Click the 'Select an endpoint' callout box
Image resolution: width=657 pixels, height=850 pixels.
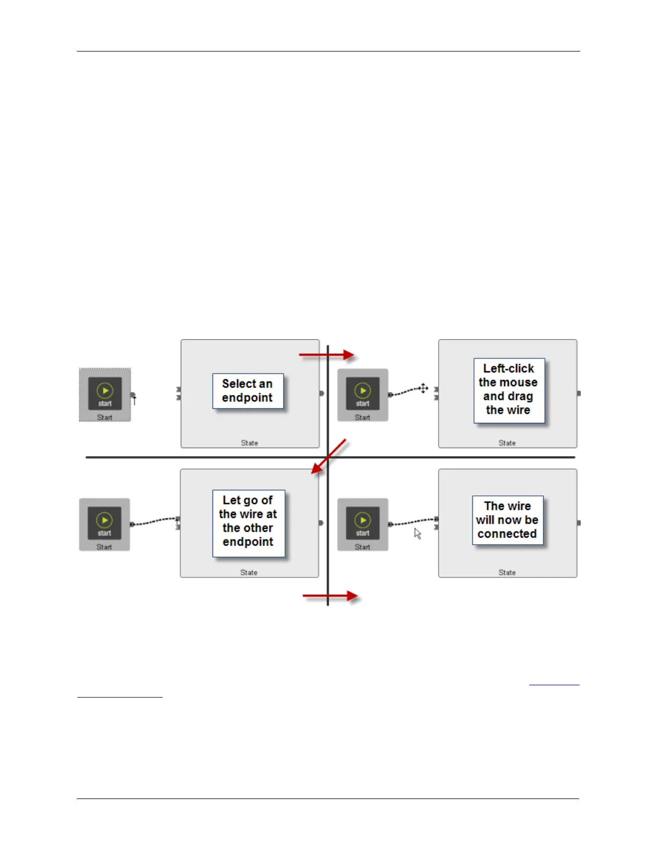247,391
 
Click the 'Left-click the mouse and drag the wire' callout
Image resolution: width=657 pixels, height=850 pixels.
508,390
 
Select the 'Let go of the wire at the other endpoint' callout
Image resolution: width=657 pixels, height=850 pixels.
248,521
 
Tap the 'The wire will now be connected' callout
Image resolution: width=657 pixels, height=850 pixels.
507,520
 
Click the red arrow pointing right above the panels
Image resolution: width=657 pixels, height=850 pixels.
326,355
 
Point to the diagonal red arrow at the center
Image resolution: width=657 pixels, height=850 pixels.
328,457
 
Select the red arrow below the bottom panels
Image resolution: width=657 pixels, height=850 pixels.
330,596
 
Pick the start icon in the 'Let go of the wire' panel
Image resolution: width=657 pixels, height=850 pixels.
104,523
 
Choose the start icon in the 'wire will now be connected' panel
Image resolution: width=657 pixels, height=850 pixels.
362,523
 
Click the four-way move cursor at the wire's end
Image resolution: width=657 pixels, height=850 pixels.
423,388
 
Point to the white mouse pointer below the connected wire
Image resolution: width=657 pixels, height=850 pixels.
418,533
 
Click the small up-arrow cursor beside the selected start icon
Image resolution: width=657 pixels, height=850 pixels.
134,400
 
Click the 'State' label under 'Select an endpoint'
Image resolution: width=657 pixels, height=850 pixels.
249,443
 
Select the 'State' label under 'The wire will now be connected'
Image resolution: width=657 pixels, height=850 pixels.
507,573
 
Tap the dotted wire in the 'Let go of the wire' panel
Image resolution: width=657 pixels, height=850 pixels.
154,521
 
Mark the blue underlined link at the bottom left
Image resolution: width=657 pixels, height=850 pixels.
120,697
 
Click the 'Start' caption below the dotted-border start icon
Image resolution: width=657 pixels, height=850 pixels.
105,417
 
